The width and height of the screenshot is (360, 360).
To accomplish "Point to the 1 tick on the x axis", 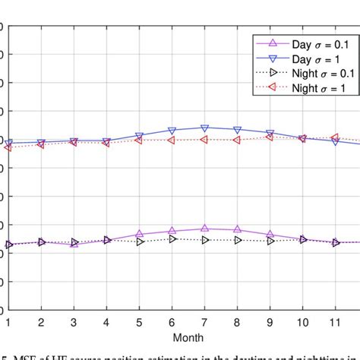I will point(8,321).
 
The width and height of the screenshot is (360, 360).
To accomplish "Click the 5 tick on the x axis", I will point(139,321).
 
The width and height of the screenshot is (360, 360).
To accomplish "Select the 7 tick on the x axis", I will point(204,321).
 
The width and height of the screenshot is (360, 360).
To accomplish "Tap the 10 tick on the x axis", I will point(303,321).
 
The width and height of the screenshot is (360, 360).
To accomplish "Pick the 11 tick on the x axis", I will point(336,321).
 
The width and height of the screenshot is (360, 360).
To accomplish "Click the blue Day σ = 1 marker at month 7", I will point(204,128).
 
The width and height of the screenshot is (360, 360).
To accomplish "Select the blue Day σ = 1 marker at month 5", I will point(139,137).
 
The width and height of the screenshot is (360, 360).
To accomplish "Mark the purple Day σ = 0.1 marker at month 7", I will point(204,228).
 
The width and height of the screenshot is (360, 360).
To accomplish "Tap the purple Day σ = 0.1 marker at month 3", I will point(74,244).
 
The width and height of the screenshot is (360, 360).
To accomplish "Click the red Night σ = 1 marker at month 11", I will point(336,137).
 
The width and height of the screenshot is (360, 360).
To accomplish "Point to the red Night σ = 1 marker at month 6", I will point(172,140).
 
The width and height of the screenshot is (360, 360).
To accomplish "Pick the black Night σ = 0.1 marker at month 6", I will point(172,238).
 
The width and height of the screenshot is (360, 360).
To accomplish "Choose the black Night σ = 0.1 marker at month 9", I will point(270,241).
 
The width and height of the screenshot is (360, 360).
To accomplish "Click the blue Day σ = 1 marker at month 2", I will point(41,143).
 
